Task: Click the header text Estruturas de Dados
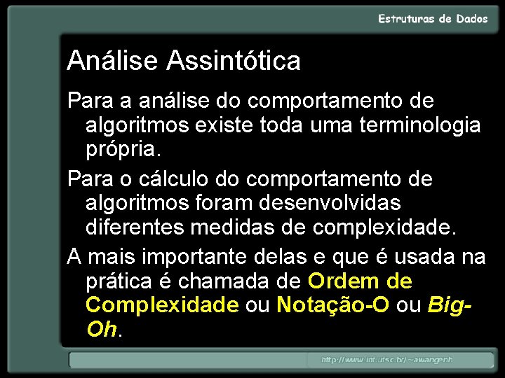433,20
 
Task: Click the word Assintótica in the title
234,62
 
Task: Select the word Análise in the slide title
113,62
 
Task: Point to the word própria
123,150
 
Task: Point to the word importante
192,258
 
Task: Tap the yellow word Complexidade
162,305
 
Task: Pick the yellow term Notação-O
333,305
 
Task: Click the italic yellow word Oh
102,329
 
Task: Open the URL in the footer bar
387,360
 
